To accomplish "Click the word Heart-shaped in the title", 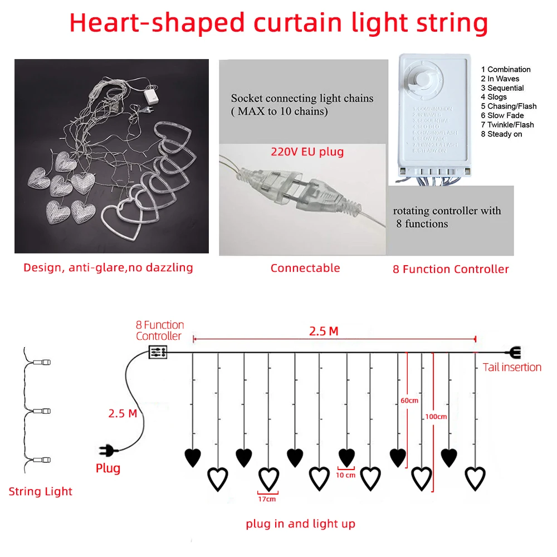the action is tap(158, 23).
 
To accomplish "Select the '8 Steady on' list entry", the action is tap(501, 134).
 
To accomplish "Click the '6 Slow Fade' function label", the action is tap(505, 116).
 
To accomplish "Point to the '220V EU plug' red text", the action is tap(307, 152).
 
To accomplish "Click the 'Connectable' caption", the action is tap(305, 268).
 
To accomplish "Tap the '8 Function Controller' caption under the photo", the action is tap(451, 270).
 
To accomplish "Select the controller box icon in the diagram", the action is tap(157, 352).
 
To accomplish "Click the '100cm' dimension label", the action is tap(435, 416).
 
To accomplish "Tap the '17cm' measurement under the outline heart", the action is tap(267, 499).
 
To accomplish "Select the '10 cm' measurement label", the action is tap(346, 475).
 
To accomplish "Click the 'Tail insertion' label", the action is tap(511, 367).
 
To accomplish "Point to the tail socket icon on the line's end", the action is tap(514, 352).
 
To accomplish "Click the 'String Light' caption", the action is tap(40, 491).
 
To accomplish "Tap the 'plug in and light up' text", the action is tap(300, 524).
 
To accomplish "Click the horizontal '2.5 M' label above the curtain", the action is tap(324, 331).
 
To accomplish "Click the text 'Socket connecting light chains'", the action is tap(302, 99).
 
